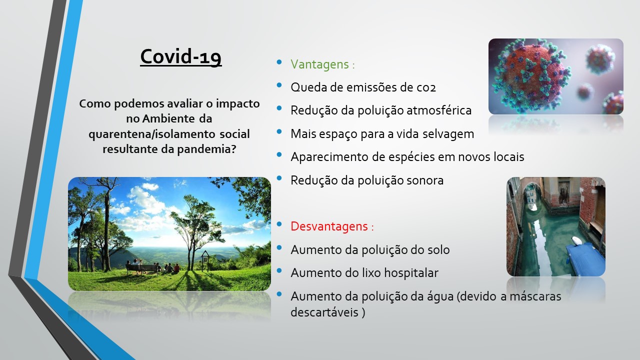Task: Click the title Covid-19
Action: click(181, 56)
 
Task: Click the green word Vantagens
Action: click(319, 64)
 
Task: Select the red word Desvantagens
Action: click(329, 226)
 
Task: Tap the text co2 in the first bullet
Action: click(426, 87)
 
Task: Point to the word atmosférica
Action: click(439, 110)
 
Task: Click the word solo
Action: click(438, 249)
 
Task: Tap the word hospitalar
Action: click(411, 273)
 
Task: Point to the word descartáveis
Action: click(324, 312)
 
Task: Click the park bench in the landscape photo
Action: click(141, 268)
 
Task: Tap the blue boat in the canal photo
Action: click(585, 258)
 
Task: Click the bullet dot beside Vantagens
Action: click(279, 61)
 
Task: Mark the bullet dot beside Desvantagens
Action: click(279, 224)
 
